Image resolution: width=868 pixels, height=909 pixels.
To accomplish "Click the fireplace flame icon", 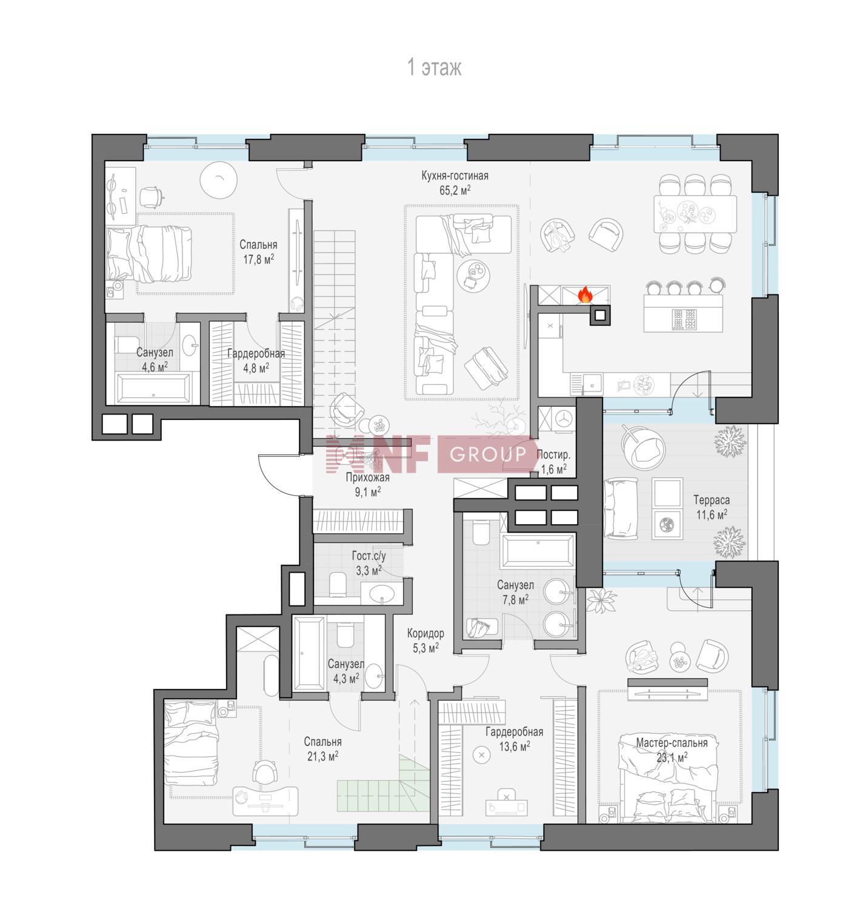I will pyautogui.click(x=585, y=295).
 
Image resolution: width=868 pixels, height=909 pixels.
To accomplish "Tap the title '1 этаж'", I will pyautogui.click(x=434, y=68).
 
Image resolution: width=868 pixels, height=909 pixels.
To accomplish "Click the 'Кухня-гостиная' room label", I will pyautogui.click(x=455, y=176).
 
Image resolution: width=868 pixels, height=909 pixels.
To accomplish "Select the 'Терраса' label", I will pyautogui.click(x=711, y=501).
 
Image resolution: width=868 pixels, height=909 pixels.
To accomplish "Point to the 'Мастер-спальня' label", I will pyautogui.click(x=672, y=743).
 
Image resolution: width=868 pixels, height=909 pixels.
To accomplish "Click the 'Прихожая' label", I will pyautogui.click(x=367, y=478).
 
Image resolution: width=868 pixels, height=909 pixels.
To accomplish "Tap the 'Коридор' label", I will pyautogui.click(x=426, y=633).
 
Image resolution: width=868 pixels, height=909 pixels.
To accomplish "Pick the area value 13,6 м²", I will pyautogui.click(x=515, y=746).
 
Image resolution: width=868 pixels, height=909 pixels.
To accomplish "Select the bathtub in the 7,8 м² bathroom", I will pyautogui.click(x=537, y=550).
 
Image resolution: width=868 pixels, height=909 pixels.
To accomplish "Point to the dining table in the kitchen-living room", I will pyautogui.click(x=695, y=213).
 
